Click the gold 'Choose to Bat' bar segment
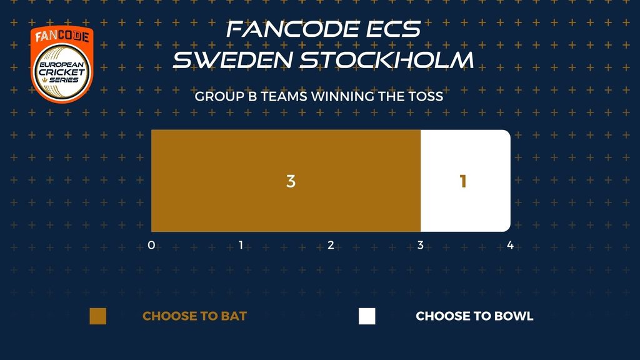point(286,181)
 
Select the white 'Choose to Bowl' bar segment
point(466,181)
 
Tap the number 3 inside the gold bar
point(291,181)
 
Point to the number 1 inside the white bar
point(463,181)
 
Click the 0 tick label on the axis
point(151,245)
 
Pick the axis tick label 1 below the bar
point(241,245)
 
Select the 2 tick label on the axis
point(331,245)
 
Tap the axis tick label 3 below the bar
point(421,245)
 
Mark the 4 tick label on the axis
point(510,245)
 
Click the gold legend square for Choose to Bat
point(98,316)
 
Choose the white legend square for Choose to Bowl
point(367,316)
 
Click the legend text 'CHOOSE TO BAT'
point(195,316)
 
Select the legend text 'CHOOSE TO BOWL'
point(474,316)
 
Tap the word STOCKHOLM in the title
point(387,60)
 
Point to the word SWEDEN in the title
point(233,60)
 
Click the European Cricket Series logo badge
point(62,64)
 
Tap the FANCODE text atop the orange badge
point(62,36)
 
